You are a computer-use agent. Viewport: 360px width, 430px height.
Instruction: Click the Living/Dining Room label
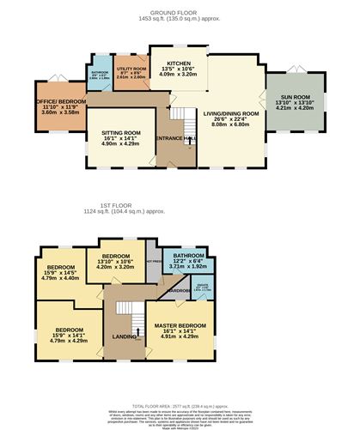tap(229, 118)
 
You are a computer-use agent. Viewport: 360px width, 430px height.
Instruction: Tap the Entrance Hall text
tap(175, 138)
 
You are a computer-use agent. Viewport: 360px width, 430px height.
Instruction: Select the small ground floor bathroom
tap(100, 78)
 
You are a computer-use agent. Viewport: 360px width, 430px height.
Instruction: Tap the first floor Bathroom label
tap(187, 260)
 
